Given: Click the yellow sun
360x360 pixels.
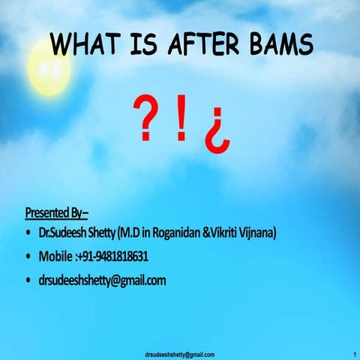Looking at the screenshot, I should [49, 69].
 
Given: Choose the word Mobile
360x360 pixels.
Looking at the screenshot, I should [56, 256].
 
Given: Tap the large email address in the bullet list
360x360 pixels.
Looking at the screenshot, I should [102, 280].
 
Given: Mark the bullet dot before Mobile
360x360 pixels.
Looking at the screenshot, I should [28, 257].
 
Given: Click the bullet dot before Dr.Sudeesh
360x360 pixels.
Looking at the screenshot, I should [28, 234].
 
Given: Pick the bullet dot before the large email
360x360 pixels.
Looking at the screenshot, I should [28, 281].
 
